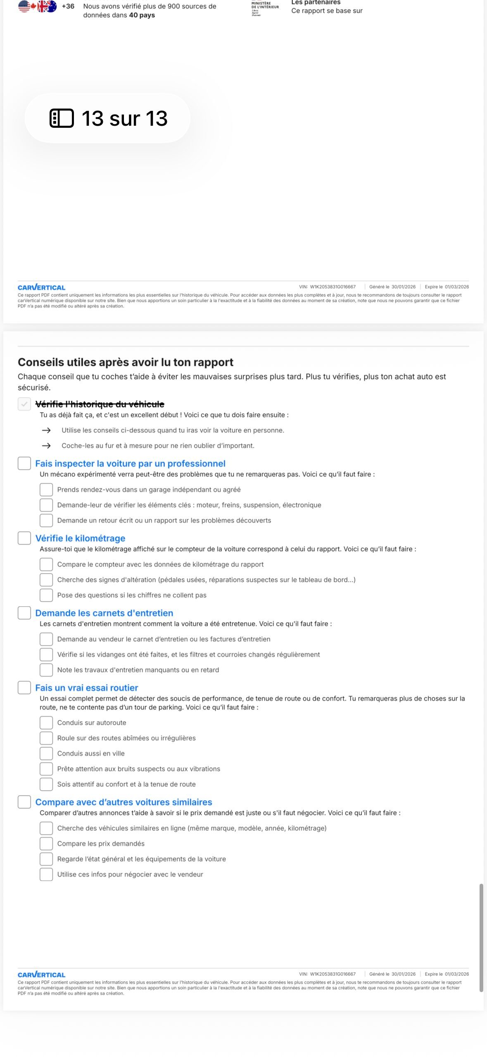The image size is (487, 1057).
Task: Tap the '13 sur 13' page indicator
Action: pos(108,118)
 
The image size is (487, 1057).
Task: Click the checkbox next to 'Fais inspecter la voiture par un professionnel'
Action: pos(24,463)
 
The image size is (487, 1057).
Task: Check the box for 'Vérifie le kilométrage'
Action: pos(24,538)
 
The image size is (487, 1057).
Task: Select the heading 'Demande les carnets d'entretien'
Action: pos(104,613)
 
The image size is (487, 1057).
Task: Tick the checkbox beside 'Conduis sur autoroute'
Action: pos(46,722)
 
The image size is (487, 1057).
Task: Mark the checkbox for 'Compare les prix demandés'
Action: pos(46,843)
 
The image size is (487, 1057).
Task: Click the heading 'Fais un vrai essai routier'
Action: pos(87,688)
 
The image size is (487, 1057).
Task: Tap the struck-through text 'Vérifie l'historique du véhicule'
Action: pos(100,404)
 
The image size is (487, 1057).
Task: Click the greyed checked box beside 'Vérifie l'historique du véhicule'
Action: pos(24,404)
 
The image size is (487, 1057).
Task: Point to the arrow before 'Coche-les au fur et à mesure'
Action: pos(46,445)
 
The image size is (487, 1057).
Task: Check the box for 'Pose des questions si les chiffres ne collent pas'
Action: pos(46,595)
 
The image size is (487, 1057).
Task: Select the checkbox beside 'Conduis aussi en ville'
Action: pos(46,753)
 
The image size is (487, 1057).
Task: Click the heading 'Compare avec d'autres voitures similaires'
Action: pos(124,802)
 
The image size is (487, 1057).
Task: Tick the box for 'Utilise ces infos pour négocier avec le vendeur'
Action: pos(46,874)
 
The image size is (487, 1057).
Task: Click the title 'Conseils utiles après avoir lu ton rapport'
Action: pos(126,362)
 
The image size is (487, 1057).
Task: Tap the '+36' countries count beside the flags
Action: pos(68,6)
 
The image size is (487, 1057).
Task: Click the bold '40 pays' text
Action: pos(142,15)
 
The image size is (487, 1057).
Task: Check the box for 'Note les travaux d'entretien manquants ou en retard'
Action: pos(46,670)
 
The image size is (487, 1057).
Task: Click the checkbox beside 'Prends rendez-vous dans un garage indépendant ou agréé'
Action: pos(46,490)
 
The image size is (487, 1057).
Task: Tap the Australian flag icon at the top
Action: pos(51,6)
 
